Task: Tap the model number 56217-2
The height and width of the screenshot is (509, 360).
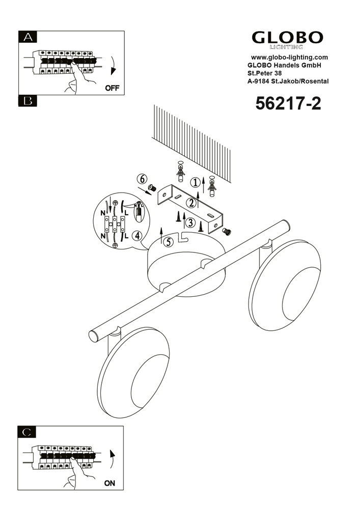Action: [x=288, y=103]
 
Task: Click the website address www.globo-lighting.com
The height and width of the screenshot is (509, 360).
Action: [x=290, y=58]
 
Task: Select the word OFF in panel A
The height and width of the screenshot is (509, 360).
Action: [x=112, y=88]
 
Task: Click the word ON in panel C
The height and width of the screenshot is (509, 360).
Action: [x=109, y=483]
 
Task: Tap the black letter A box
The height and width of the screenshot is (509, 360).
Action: [x=28, y=37]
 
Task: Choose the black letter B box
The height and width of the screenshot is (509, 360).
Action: [x=28, y=101]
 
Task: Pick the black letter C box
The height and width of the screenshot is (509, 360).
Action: [x=27, y=432]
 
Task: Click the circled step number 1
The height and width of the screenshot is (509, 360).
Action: [x=195, y=182]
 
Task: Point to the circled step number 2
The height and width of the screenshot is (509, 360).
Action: [x=191, y=203]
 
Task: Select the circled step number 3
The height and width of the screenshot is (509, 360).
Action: [x=190, y=223]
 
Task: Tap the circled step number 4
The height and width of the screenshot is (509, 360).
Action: [x=137, y=236]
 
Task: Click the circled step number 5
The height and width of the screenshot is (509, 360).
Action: [x=168, y=241]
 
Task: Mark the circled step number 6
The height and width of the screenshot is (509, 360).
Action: [x=142, y=179]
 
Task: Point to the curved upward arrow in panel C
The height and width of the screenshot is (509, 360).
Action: [x=113, y=459]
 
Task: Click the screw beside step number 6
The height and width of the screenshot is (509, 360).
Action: [x=152, y=187]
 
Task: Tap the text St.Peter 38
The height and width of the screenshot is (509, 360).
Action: [x=265, y=73]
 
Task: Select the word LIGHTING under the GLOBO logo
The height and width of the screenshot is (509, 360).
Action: [x=287, y=47]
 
